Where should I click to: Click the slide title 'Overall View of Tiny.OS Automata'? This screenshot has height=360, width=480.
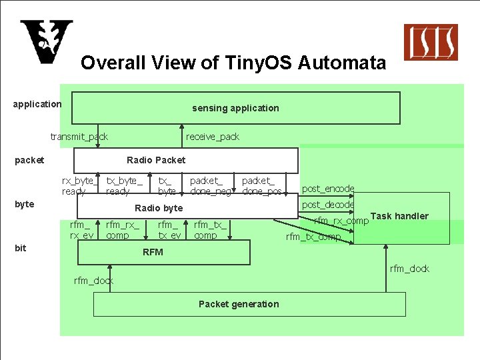(x=233, y=63)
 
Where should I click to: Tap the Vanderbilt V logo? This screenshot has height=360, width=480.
(x=46, y=42)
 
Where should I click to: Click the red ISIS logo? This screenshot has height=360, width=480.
(x=431, y=42)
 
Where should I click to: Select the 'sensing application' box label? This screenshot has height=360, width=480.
(x=235, y=108)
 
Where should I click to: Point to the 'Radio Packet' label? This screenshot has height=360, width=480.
(x=156, y=160)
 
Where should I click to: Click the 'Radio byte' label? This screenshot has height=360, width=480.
(x=159, y=208)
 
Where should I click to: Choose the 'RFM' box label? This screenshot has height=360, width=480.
(x=153, y=252)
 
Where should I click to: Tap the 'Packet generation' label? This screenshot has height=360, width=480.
(x=239, y=304)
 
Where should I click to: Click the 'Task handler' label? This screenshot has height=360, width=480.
(x=399, y=216)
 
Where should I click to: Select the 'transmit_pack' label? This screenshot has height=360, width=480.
(x=79, y=137)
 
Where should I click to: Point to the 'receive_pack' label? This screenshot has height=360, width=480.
(x=213, y=137)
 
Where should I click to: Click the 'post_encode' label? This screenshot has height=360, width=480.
(x=328, y=189)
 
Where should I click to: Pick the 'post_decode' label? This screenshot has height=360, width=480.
(x=328, y=205)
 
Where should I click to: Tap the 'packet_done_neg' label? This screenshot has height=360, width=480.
(x=211, y=186)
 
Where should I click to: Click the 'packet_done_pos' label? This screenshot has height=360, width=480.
(x=262, y=186)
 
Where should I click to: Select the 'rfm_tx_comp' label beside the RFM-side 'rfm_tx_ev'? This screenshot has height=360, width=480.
(x=210, y=230)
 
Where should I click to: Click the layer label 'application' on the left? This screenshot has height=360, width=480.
(x=37, y=104)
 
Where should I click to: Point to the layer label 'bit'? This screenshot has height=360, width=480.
(x=21, y=248)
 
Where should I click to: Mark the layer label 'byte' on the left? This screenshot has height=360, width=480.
(x=24, y=204)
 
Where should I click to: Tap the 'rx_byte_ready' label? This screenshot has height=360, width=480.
(x=80, y=186)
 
